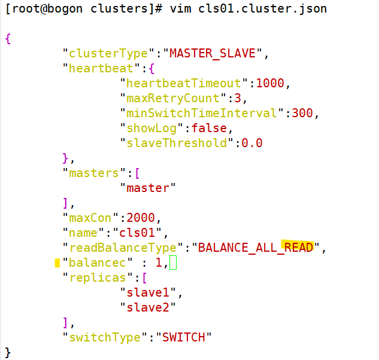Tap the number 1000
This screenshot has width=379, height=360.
[270, 83]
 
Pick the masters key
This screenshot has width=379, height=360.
[90, 173]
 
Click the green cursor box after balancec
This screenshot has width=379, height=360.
[173, 263]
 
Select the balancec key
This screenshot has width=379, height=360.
[90, 263]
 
